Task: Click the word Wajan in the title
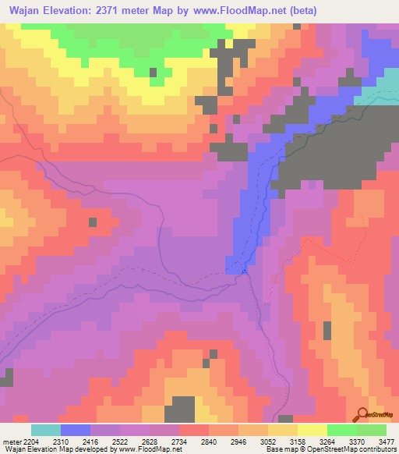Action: tap(28, 10)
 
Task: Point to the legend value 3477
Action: tap(387, 441)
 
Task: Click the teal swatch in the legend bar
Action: tap(46, 430)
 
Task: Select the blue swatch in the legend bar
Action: tap(76, 430)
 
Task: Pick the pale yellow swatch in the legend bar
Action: tap(312, 430)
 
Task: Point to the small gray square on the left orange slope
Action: tap(93, 222)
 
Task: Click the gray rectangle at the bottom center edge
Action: tap(179, 410)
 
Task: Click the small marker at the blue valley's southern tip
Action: tap(243, 271)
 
